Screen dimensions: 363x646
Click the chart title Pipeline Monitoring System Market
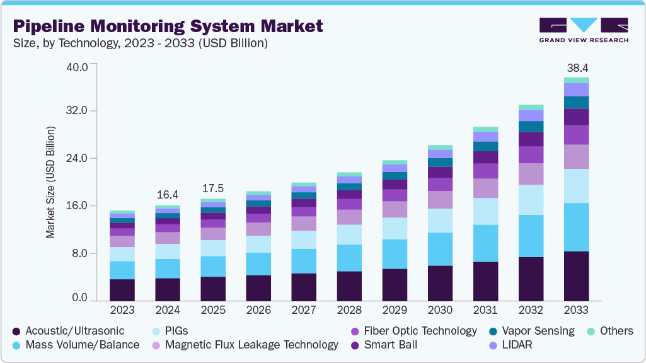pos(168,26)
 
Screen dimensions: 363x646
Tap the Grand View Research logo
pos(584,30)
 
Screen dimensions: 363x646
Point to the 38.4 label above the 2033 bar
pos(576,67)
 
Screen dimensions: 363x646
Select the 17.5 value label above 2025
pos(213,189)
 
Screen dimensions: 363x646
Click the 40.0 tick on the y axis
pos(79,67)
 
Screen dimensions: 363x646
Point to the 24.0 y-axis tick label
pos(79,158)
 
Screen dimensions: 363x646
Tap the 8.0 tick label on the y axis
pos(82,253)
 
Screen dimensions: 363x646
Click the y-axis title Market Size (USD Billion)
pos(50,182)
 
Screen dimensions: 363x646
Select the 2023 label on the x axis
pos(122,310)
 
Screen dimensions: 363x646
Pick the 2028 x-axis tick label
pos(349,310)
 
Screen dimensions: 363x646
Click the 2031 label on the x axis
pos(485,310)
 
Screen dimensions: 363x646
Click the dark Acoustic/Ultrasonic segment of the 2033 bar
pos(576,276)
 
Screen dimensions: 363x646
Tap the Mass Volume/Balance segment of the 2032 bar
pos(531,236)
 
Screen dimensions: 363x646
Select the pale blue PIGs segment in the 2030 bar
pos(440,221)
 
